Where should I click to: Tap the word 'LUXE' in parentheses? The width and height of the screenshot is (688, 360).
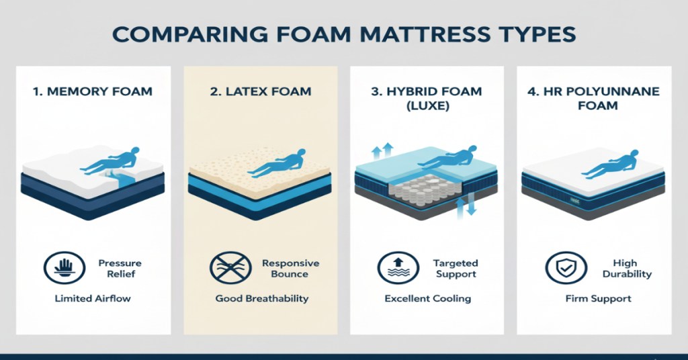[x=428, y=105]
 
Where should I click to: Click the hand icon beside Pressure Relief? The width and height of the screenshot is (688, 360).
[x=59, y=268]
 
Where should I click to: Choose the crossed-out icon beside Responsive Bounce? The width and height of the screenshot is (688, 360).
[x=226, y=268]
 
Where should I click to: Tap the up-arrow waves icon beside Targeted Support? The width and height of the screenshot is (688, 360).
[x=393, y=268]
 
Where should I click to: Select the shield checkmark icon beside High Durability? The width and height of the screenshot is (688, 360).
[x=560, y=268]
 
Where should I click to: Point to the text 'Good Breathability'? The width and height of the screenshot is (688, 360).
[x=260, y=298]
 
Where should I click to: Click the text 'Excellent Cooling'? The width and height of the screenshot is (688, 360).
[x=427, y=298]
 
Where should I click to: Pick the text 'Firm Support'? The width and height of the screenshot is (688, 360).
[x=598, y=298]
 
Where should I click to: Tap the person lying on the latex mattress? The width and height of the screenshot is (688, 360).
[x=277, y=163]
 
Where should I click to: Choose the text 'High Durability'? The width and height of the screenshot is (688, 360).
[x=632, y=268]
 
